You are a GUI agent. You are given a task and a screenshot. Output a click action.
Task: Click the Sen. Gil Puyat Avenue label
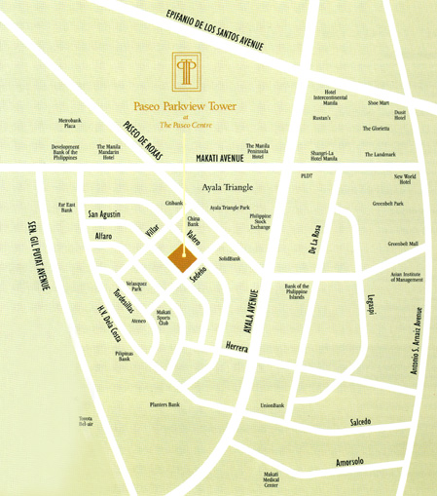tap(34, 254)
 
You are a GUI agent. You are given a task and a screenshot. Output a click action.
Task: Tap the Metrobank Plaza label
tap(69, 124)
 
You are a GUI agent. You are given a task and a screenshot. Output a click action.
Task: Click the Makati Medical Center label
tap(271, 478)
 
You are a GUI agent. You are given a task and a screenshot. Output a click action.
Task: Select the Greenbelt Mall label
tap(402, 244)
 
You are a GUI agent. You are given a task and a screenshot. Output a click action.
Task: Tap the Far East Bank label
tap(67, 207)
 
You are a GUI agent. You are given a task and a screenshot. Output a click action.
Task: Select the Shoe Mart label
tap(379, 102)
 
